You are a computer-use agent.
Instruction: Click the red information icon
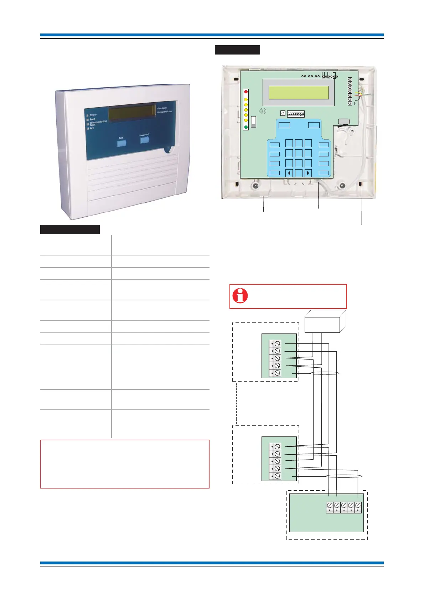(x=240, y=296)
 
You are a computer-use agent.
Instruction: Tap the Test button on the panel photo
(x=121, y=143)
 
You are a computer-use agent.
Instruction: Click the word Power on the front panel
(x=93, y=115)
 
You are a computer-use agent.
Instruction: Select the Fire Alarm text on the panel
(x=162, y=108)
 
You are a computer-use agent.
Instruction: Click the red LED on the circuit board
(x=246, y=92)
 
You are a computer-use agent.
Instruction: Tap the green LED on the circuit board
(x=246, y=127)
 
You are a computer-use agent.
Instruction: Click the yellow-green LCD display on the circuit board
(x=299, y=92)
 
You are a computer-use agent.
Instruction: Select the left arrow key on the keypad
(x=289, y=173)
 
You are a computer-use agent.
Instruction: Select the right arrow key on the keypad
(x=308, y=173)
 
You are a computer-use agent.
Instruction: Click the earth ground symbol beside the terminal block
(x=355, y=104)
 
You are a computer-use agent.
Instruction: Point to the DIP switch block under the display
(x=296, y=114)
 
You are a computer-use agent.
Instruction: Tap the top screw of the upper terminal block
(x=278, y=344)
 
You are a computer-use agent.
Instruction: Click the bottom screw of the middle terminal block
(x=278, y=476)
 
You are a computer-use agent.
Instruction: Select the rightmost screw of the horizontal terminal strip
(x=358, y=505)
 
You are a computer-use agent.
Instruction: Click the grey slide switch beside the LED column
(x=254, y=121)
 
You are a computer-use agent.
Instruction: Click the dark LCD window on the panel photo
(x=132, y=113)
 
